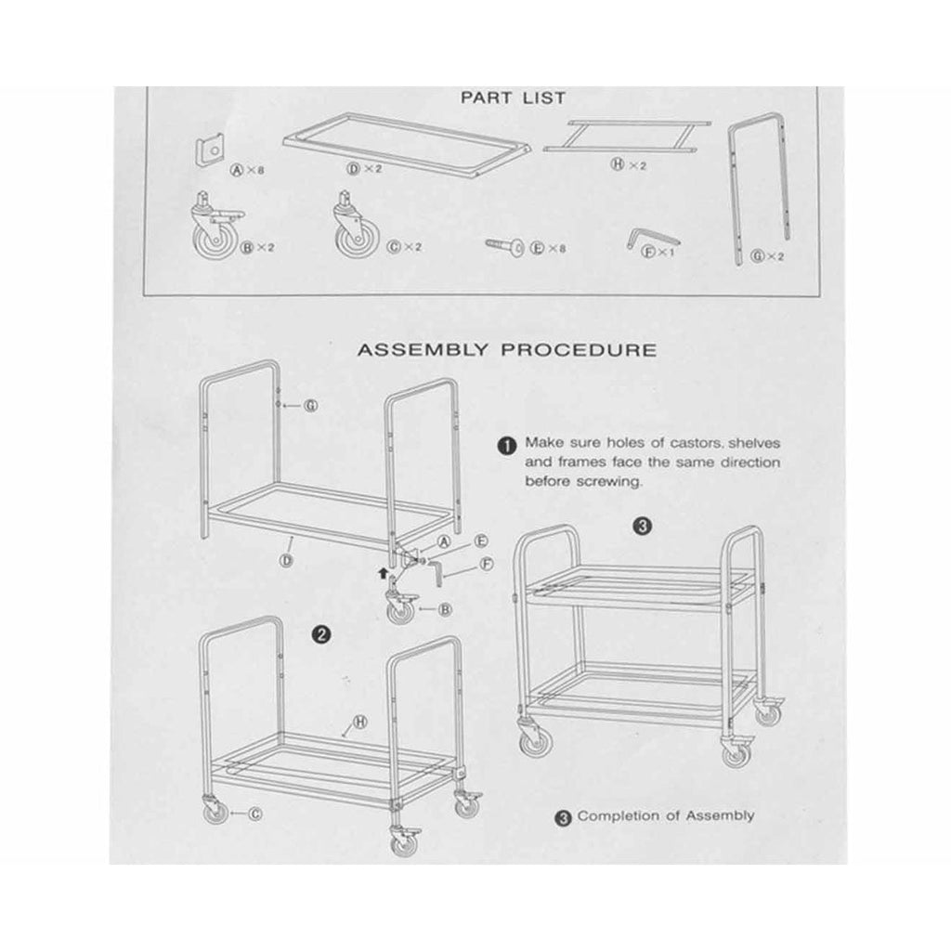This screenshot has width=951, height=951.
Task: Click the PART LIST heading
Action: (513, 98)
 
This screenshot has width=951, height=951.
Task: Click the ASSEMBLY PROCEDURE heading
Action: (507, 350)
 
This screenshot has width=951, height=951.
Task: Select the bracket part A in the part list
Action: (209, 150)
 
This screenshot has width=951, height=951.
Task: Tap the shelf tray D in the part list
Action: (407, 144)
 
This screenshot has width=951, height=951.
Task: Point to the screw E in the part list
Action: (505, 245)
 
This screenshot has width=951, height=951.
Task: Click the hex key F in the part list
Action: (650, 237)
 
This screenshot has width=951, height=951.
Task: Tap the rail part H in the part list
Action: (627, 136)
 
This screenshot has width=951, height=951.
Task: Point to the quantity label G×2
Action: (767, 256)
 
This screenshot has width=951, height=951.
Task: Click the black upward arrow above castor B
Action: (382, 572)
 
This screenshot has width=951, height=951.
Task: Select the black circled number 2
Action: (320, 634)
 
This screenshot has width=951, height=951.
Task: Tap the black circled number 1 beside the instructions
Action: (507, 446)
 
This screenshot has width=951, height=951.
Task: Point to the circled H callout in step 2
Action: (360, 722)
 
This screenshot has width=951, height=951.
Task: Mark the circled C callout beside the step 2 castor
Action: (256, 814)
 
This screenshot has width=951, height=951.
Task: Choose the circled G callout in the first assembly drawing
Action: (311, 405)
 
